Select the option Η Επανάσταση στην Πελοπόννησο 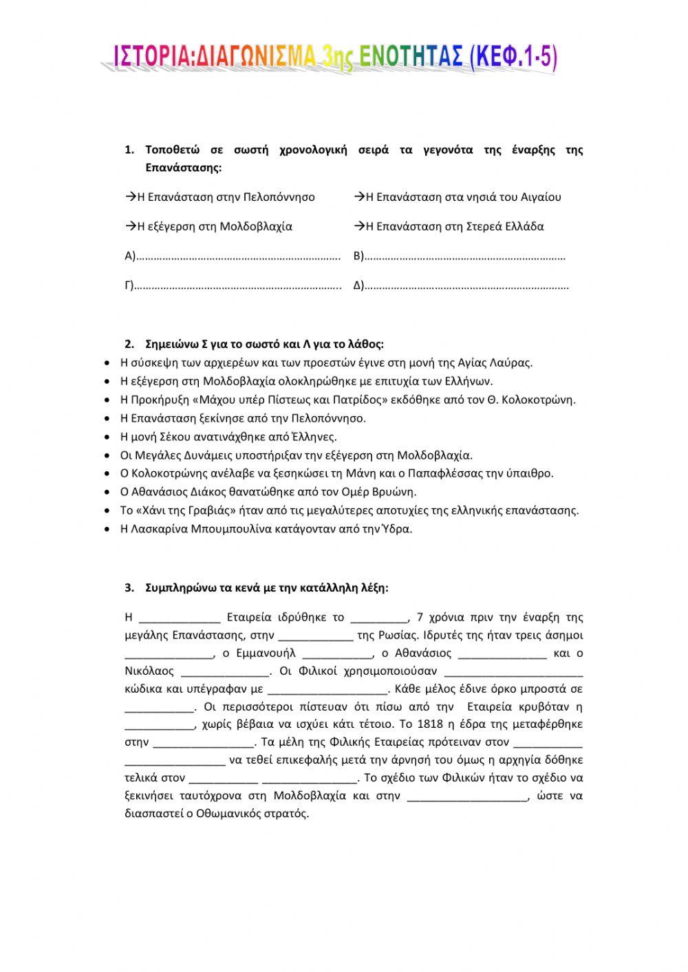pos(220,197)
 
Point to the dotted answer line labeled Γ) pos(237,286)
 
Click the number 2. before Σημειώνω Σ pos(129,344)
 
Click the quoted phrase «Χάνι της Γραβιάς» pos(178,510)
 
